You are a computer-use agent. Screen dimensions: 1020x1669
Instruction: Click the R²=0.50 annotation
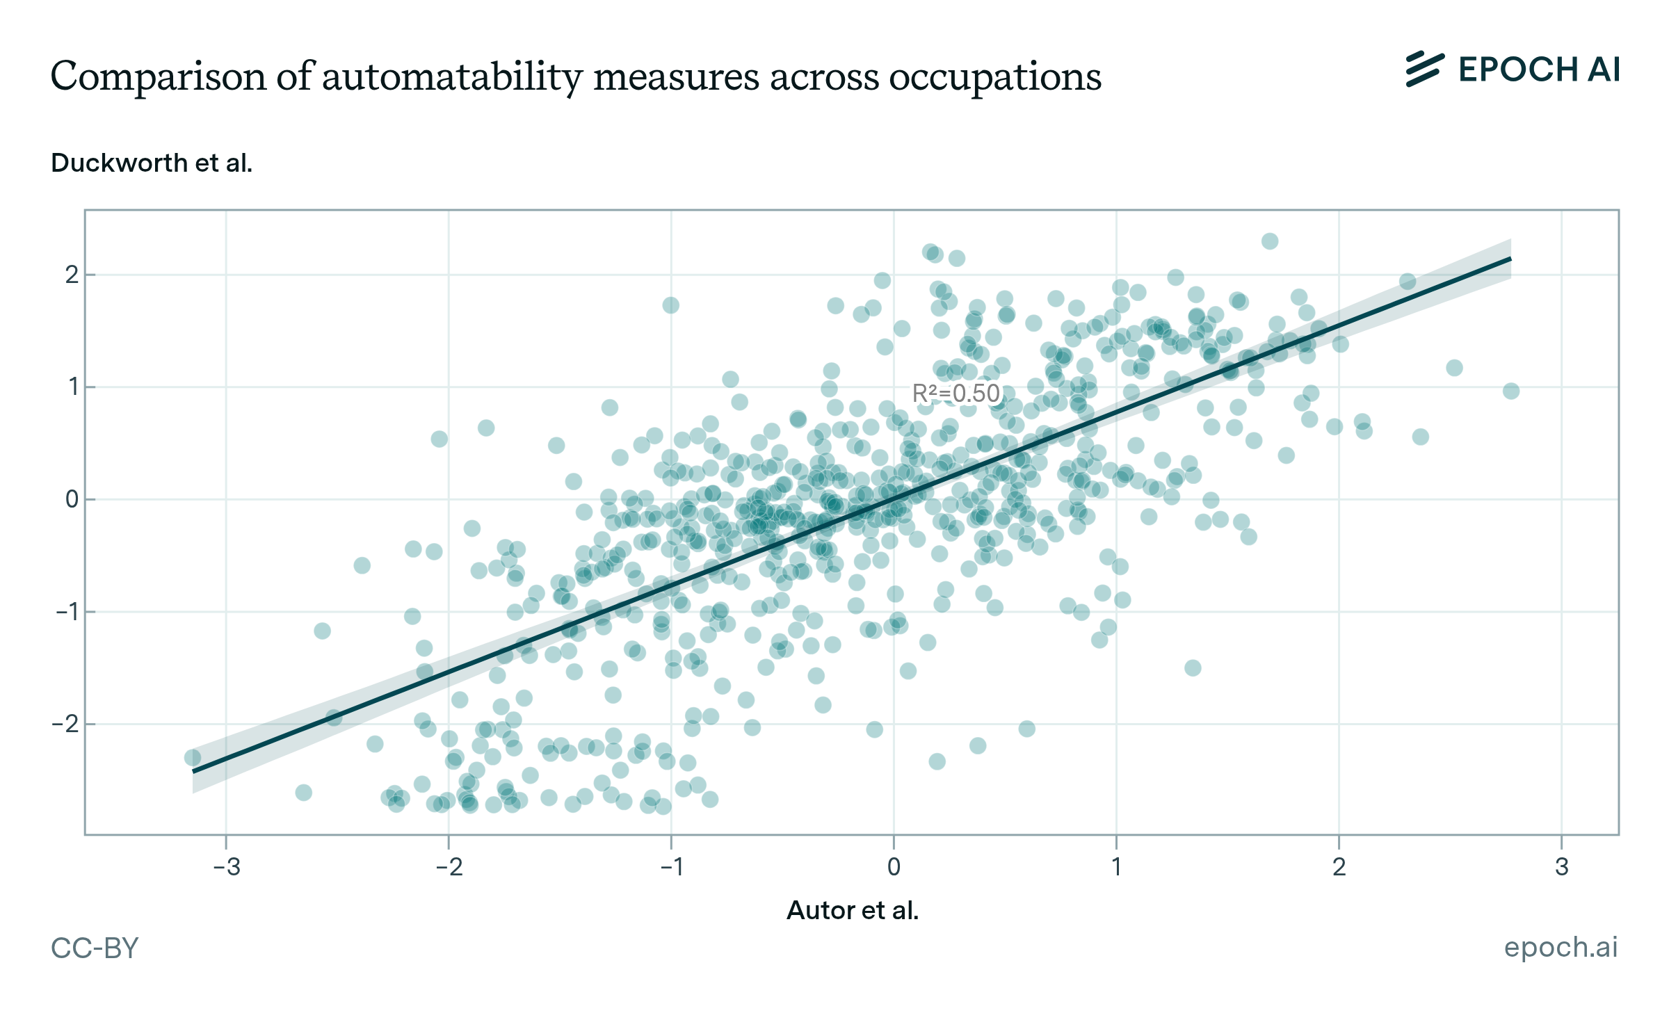click(956, 394)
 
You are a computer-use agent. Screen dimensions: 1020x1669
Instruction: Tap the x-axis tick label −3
click(226, 867)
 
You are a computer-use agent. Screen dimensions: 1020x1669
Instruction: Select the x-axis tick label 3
click(1562, 867)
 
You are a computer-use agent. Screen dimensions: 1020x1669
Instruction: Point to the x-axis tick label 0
click(894, 867)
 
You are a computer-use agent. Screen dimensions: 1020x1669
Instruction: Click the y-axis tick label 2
click(72, 275)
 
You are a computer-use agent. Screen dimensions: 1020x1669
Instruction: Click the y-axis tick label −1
click(67, 612)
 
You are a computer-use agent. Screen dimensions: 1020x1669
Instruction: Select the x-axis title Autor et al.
click(853, 910)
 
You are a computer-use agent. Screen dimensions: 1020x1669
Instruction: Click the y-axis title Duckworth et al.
click(152, 163)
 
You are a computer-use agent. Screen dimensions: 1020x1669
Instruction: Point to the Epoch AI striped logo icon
click(1424, 70)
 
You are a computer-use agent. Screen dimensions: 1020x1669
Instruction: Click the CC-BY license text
click(95, 948)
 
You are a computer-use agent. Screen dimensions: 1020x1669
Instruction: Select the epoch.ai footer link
click(1561, 947)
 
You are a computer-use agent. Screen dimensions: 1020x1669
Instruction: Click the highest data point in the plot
click(1270, 241)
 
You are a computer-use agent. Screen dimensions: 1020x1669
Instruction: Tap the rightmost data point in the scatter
click(1510, 391)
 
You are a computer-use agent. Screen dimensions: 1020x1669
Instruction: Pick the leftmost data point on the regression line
click(193, 758)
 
